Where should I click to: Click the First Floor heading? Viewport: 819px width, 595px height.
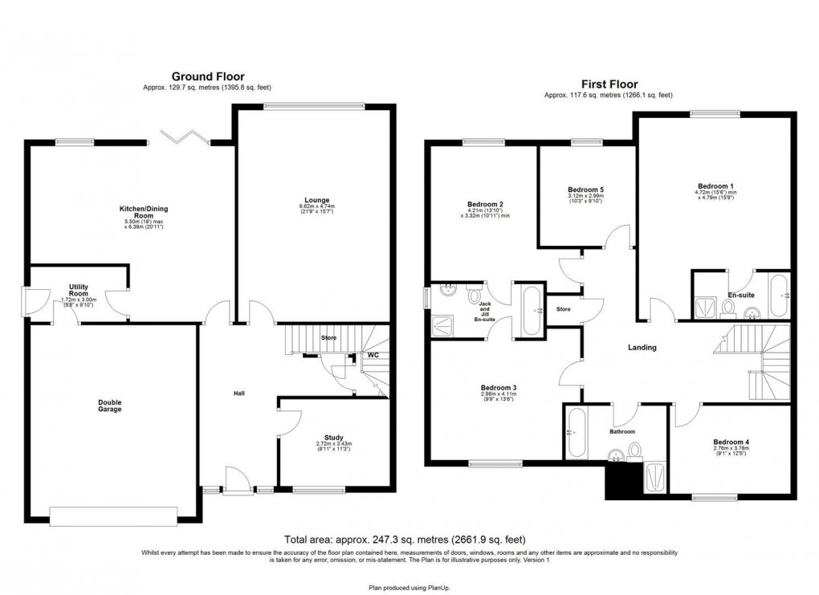(x=609, y=84)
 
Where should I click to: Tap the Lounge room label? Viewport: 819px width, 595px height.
(x=316, y=200)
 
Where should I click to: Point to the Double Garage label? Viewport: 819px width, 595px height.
(x=110, y=405)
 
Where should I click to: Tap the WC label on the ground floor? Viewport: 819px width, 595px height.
(x=373, y=354)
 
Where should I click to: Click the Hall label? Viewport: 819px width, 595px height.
(x=238, y=393)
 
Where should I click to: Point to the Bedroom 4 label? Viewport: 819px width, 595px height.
(x=731, y=442)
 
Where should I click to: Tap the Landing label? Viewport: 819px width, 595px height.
(x=642, y=348)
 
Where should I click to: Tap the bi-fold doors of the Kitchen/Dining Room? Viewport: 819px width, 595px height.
(x=183, y=137)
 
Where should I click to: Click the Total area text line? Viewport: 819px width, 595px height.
(x=405, y=540)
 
